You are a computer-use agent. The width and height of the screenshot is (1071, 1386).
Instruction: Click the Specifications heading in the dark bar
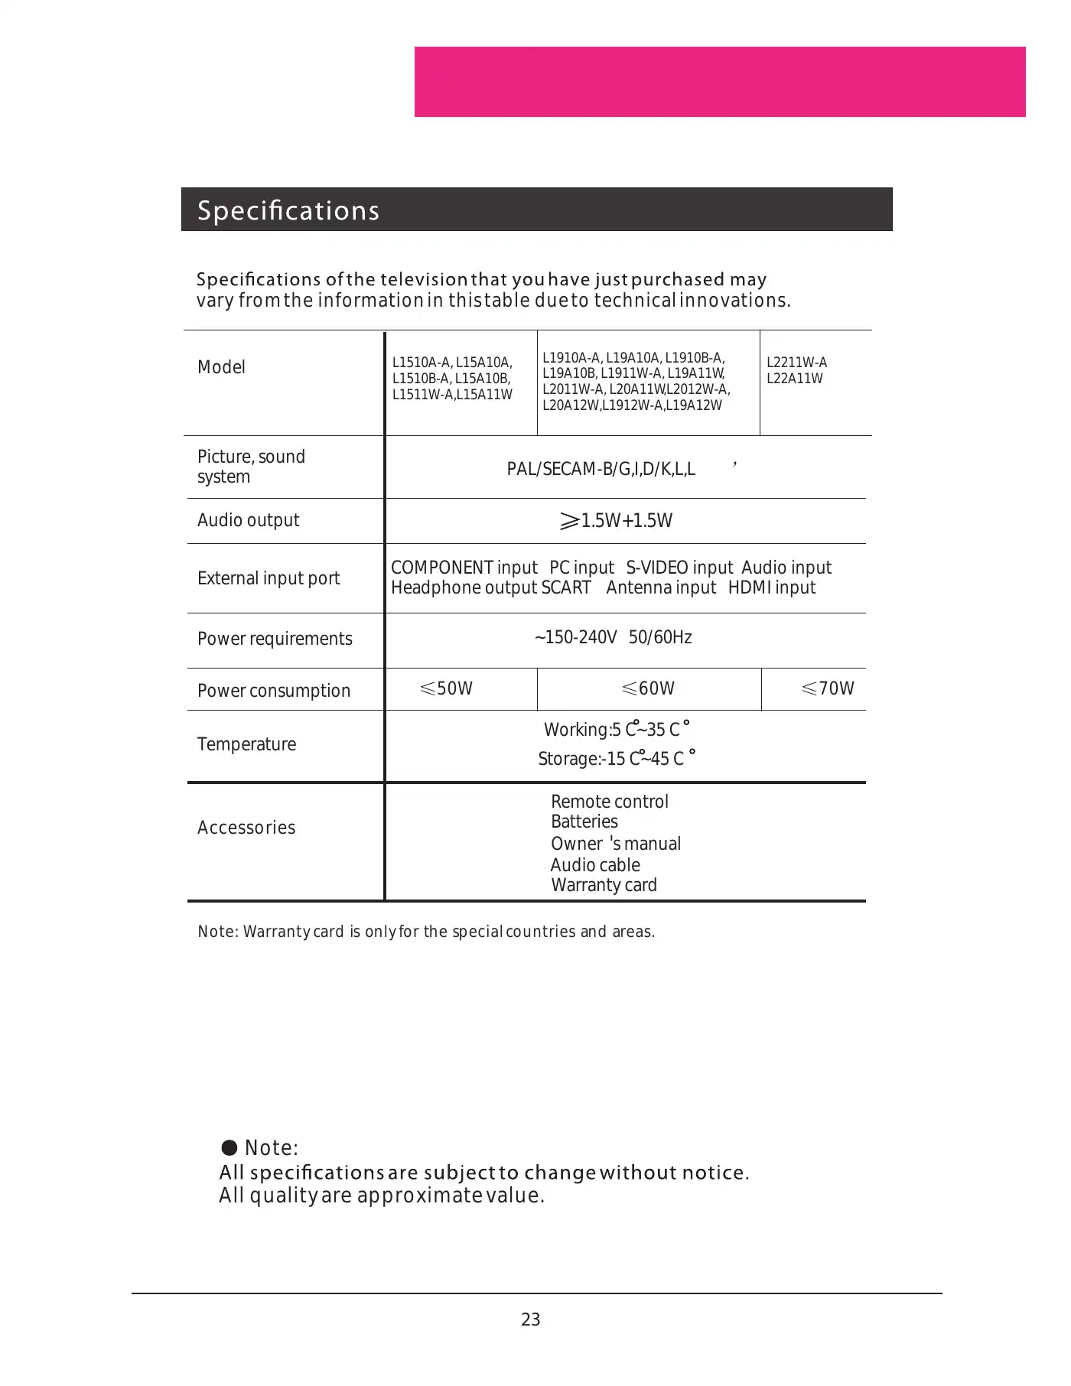pyautogui.click(x=288, y=210)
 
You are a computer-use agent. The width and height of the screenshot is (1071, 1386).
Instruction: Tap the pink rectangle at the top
pyautogui.click(x=719, y=82)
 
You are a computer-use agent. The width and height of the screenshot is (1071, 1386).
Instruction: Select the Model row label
pyautogui.click(x=221, y=367)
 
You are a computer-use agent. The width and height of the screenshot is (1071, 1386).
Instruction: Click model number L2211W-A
pyautogui.click(x=796, y=363)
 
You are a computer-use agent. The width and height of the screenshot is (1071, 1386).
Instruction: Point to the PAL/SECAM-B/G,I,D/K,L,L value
pyautogui.click(x=601, y=469)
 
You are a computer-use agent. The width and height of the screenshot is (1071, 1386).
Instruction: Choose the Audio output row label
pyautogui.click(x=248, y=520)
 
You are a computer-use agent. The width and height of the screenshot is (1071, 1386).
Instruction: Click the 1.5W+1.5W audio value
pyautogui.click(x=617, y=521)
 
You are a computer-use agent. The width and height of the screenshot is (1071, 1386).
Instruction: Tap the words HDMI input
pyautogui.click(x=771, y=587)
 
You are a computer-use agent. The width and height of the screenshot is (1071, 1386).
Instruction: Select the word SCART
pyautogui.click(x=566, y=587)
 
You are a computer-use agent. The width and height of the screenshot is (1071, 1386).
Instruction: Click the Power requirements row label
pyautogui.click(x=275, y=639)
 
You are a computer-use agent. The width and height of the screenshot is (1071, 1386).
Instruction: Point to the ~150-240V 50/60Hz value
pyautogui.click(x=613, y=637)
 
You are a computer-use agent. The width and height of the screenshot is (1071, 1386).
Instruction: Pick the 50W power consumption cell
pyautogui.click(x=447, y=688)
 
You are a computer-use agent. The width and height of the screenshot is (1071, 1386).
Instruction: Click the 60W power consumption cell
pyautogui.click(x=649, y=688)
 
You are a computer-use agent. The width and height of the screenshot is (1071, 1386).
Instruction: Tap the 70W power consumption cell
pyautogui.click(x=828, y=688)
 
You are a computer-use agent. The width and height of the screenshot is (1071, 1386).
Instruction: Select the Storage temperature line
pyautogui.click(x=616, y=758)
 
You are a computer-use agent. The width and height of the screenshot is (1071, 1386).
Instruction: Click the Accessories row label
pyautogui.click(x=246, y=828)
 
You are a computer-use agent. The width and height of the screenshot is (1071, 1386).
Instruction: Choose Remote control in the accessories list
pyautogui.click(x=609, y=802)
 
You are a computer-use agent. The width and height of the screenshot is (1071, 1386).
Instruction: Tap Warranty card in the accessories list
pyautogui.click(x=604, y=885)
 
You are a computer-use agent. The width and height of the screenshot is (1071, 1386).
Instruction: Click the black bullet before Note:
pyautogui.click(x=229, y=1147)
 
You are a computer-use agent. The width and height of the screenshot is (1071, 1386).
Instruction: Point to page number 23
pyautogui.click(x=530, y=1319)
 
